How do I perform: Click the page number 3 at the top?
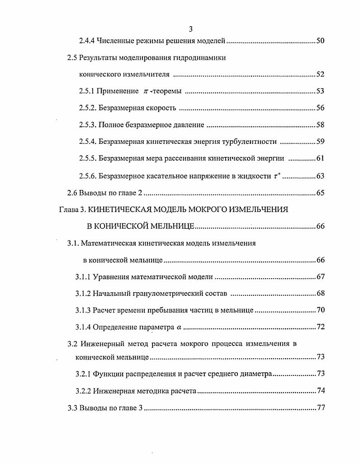coord(190,29)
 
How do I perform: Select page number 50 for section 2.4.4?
coord(320,41)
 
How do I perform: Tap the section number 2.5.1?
coord(86,91)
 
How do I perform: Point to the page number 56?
coord(320,108)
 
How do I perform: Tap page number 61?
coord(320,158)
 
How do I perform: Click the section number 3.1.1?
coord(82,277)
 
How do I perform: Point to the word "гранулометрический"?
coord(161,294)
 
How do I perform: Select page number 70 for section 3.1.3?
coord(320,310)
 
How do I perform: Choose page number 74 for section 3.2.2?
coord(321,391)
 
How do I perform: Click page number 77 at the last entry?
coord(321,408)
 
